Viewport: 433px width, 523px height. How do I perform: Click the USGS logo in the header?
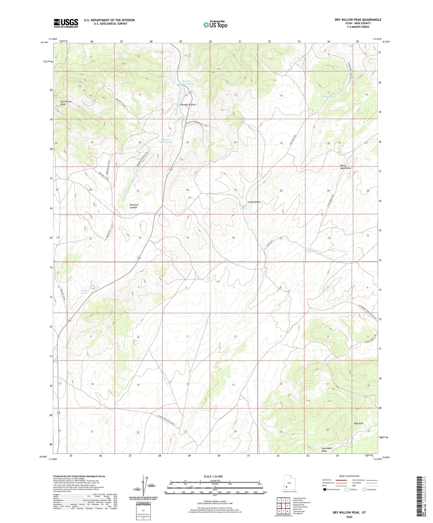click(66, 23)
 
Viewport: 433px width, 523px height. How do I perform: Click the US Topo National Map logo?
click(215, 25)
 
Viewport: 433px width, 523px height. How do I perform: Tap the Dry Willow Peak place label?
click(66, 103)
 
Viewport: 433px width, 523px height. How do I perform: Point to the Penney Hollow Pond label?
click(186, 82)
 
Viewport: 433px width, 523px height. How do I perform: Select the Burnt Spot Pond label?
click(166, 141)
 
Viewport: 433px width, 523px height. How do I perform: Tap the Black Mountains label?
click(346, 167)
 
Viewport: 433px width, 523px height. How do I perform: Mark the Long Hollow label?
click(254, 202)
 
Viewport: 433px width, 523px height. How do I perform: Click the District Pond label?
click(312, 251)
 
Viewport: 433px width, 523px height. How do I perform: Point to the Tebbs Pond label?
click(84, 292)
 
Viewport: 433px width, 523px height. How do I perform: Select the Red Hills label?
click(359, 423)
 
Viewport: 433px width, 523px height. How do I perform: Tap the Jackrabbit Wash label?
click(327, 449)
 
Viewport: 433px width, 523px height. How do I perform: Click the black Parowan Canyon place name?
click(133, 206)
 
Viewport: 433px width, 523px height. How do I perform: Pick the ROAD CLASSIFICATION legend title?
click(349, 476)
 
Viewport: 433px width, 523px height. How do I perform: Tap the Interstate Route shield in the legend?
click(325, 490)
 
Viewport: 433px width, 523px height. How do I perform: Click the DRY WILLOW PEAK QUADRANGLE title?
click(358, 20)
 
